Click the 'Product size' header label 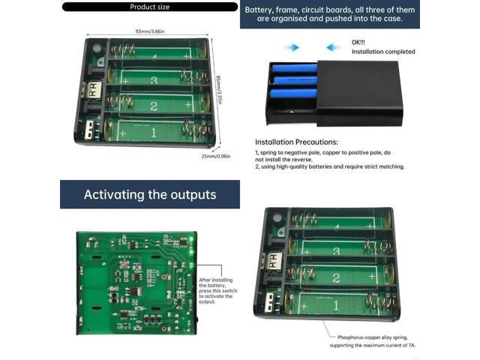pyautogui.click(x=150, y=7)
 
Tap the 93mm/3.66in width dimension pyautogui.click(x=151, y=31)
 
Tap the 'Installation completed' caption pyautogui.click(x=382, y=52)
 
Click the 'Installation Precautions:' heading pyautogui.click(x=296, y=142)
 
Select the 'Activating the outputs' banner pyautogui.click(x=150, y=195)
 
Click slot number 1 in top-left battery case pyautogui.click(x=154, y=133)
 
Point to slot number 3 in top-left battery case pyautogui.click(x=154, y=80)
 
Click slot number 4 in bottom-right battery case pyautogui.click(x=335, y=226)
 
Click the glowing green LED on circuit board pyautogui.click(x=191, y=238)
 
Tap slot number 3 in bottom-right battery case pyautogui.click(x=336, y=251)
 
